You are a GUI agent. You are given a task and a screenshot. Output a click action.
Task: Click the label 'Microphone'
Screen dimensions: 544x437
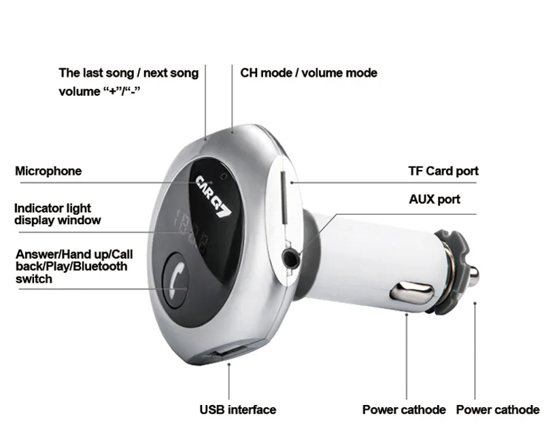click(48, 171)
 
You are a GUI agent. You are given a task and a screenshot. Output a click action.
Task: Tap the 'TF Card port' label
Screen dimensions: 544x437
click(443, 171)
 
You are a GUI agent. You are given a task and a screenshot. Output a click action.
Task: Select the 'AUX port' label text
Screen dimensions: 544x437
click(434, 199)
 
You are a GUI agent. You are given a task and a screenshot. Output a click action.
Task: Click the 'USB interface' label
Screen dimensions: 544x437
click(237, 410)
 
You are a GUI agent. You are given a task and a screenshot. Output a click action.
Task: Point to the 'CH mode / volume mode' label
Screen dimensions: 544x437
click(309, 73)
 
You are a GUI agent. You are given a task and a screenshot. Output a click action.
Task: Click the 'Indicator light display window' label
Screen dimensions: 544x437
click(57, 214)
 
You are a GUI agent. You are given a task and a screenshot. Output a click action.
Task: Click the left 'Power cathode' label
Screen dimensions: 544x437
click(404, 410)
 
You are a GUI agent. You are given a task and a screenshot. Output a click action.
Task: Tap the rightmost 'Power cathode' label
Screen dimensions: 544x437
click(497, 410)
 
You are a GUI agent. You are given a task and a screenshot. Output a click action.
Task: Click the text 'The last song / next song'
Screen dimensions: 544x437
click(129, 73)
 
